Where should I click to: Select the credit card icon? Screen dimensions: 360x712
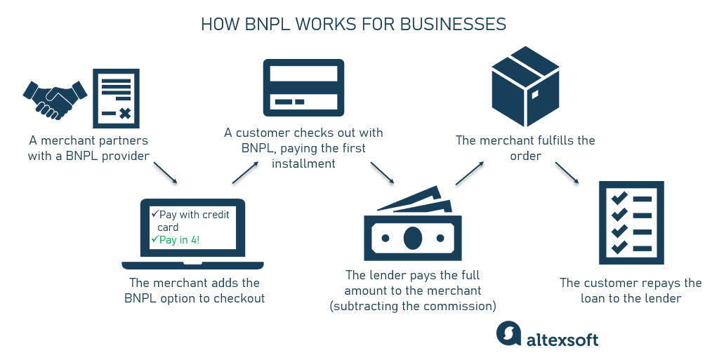[303, 87]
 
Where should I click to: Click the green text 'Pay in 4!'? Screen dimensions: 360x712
[180, 240]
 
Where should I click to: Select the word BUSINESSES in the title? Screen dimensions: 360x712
[452, 25]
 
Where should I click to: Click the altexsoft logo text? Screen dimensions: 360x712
[562, 340]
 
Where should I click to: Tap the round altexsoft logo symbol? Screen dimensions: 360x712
[508, 333]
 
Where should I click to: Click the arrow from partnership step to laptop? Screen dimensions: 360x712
[165, 173]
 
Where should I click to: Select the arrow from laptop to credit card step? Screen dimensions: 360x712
[244, 173]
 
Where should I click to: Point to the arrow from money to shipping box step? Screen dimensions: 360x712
[470, 173]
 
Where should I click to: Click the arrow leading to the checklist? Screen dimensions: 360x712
[567, 173]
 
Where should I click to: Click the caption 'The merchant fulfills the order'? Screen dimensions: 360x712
[525, 148]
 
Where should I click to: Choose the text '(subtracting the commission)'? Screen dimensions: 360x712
[413, 306]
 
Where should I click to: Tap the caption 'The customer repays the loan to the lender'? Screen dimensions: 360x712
[631, 291]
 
